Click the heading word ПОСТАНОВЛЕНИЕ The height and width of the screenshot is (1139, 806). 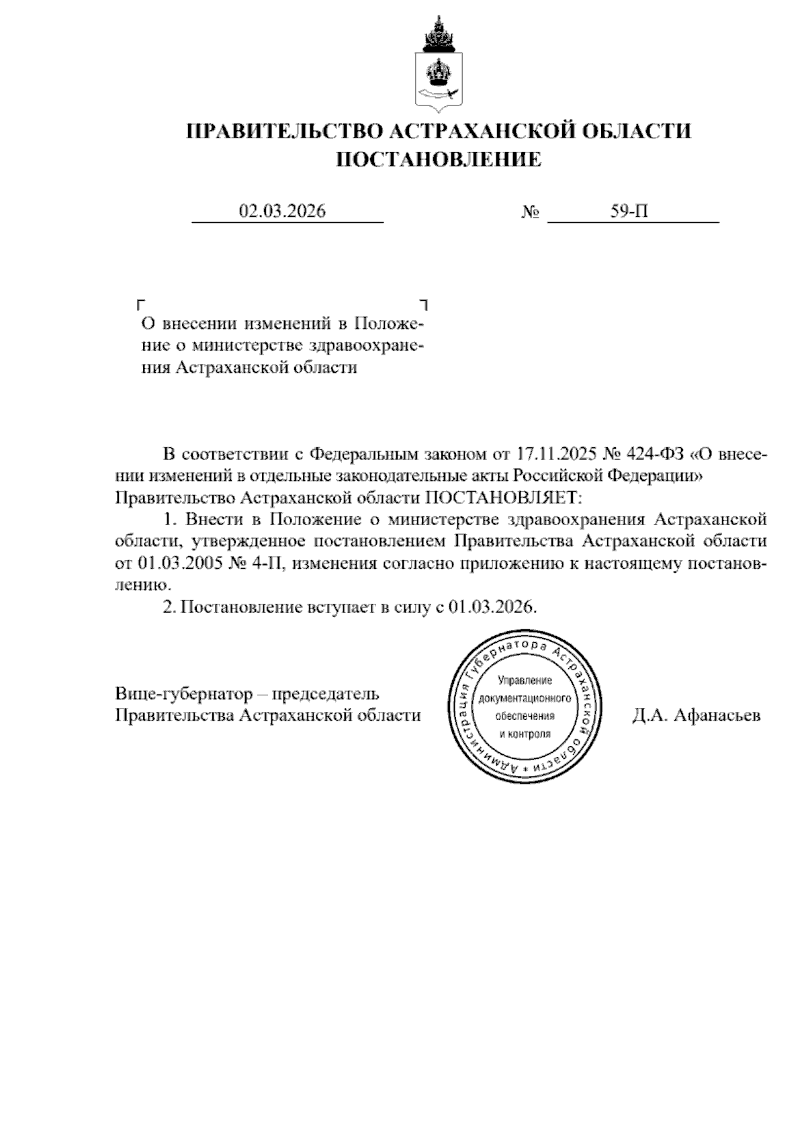click(438, 159)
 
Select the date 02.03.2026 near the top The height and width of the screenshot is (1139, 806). click(282, 212)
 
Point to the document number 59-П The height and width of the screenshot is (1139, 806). click(629, 212)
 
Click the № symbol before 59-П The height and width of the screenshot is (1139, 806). click(531, 213)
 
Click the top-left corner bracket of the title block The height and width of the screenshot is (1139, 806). click(141, 304)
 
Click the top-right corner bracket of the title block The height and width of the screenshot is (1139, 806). click(424, 304)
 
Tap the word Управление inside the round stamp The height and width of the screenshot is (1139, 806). click(525, 681)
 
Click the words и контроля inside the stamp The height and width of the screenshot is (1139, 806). click(525, 733)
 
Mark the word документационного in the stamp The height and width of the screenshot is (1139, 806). click(525, 698)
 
